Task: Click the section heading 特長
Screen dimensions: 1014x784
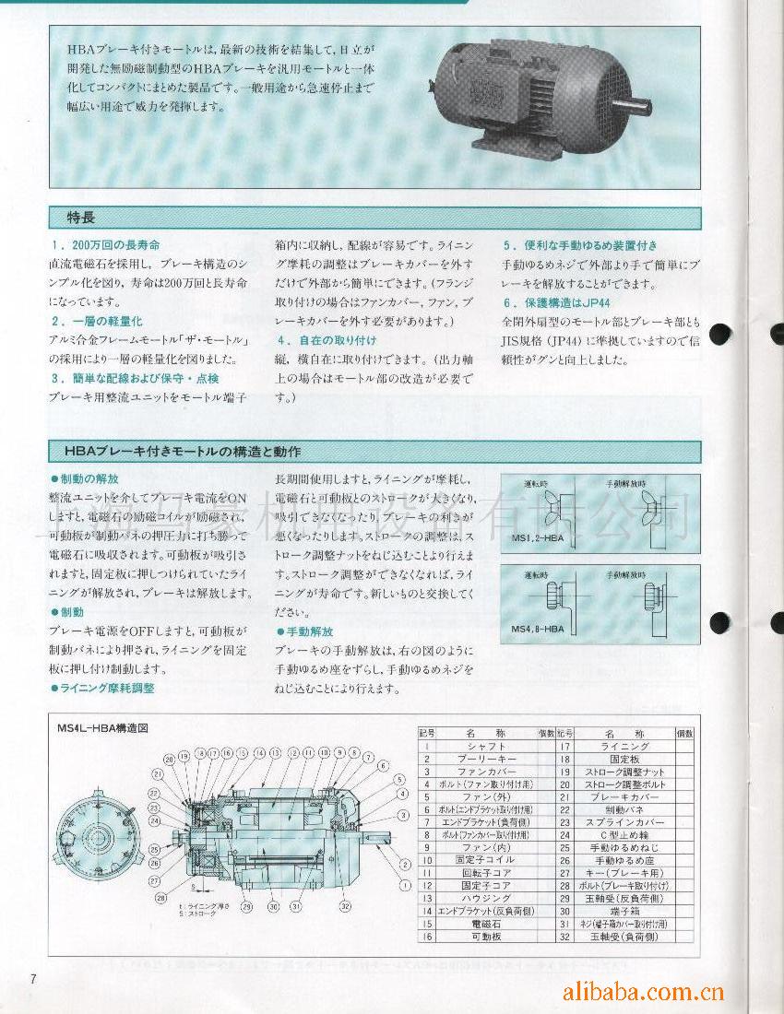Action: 81,218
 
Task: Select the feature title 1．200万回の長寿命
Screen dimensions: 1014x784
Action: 106,245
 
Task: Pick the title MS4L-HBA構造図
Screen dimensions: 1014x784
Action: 102,727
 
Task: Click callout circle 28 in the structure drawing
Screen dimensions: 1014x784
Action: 161,897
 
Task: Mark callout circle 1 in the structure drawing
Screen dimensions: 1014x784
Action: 404,883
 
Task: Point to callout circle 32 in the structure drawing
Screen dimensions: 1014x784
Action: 345,906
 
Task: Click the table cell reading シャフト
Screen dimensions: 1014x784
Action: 487,746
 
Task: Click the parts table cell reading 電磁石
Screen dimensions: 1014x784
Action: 487,923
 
